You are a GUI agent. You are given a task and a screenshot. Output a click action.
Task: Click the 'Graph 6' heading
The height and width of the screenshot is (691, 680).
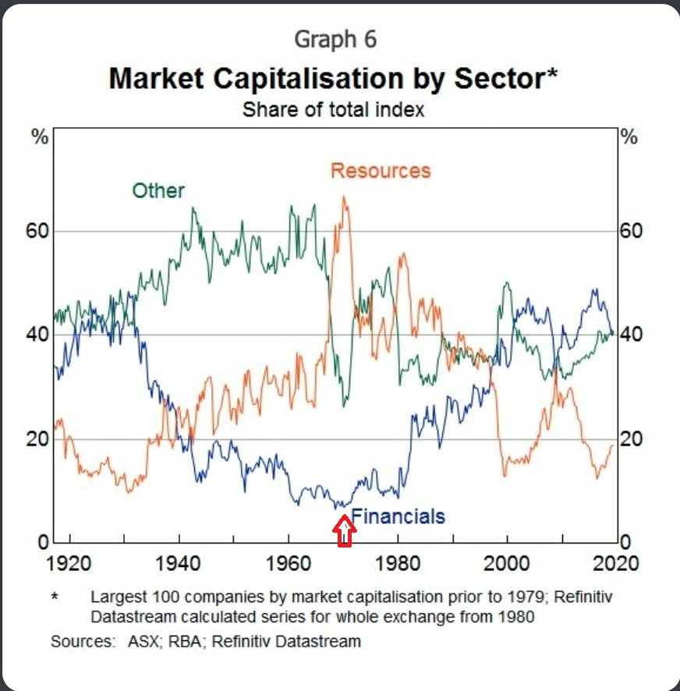click(335, 38)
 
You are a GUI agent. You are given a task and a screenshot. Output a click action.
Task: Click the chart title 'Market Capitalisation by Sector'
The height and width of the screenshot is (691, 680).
click(335, 78)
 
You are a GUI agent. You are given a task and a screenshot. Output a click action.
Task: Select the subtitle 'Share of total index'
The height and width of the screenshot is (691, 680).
click(334, 109)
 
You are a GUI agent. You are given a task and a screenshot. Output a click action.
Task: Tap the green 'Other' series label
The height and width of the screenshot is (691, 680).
click(158, 191)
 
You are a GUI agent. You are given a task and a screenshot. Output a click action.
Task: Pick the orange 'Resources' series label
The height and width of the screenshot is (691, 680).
click(381, 171)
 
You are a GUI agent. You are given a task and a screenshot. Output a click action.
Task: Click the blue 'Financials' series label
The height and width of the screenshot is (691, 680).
click(398, 516)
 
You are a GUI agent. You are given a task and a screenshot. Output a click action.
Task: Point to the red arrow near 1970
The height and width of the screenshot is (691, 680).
click(345, 533)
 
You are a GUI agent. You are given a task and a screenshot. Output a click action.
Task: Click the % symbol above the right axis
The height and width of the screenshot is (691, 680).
click(629, 137)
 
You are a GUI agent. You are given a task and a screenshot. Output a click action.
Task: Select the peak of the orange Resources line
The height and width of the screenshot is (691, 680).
click(343, 197)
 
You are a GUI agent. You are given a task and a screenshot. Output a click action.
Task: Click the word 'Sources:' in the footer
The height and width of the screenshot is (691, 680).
click(78, 641)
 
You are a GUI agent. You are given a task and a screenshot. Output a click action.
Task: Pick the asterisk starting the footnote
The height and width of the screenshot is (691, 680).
click(55, 597)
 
